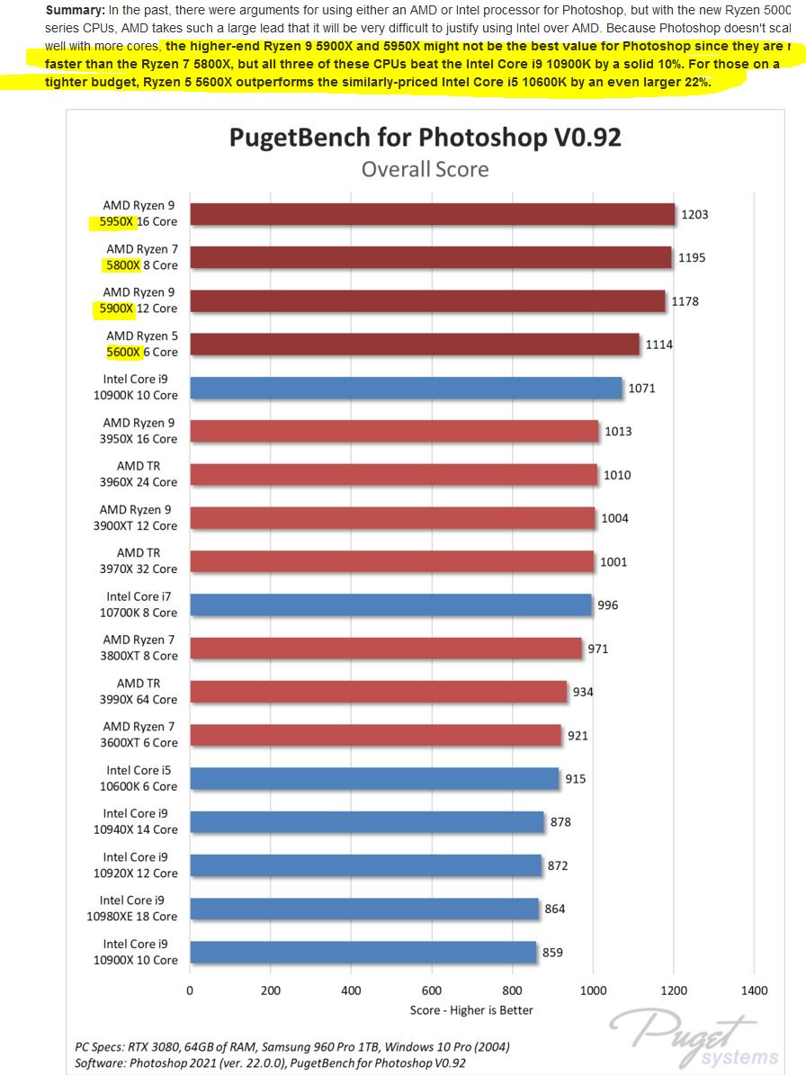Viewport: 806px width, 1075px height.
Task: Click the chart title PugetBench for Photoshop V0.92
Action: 425,137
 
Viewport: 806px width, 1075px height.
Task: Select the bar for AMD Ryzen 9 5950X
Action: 432,214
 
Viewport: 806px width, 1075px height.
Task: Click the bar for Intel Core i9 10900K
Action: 406,388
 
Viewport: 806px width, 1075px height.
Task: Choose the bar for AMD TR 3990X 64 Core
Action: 379,692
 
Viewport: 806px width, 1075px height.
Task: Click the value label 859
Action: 552,952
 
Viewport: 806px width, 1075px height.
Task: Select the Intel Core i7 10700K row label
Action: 141,605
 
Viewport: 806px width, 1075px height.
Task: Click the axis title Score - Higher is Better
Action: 471,1010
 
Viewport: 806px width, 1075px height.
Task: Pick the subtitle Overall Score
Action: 425,169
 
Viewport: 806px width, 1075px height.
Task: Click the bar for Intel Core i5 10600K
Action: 374,778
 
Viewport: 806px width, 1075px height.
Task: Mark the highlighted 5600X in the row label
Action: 124,352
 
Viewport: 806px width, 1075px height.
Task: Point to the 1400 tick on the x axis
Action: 755,990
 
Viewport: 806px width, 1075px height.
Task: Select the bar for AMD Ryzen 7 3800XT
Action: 386,648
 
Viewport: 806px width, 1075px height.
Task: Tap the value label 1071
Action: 642,389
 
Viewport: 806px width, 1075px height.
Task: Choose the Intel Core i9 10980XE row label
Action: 139,909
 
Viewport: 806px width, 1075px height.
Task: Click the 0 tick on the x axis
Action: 190,990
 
